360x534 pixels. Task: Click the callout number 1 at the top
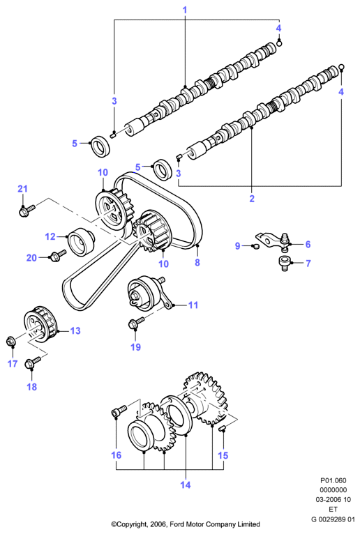[185, 10]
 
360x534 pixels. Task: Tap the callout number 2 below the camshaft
[252, 198]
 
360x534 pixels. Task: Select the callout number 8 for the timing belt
[197, 262]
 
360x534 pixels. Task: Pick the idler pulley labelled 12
[81, 240]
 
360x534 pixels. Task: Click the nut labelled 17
[11, 341]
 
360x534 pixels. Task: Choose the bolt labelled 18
[33, 363]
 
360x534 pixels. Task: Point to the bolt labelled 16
[119, 410]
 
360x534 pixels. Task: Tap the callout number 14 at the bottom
[186, 485]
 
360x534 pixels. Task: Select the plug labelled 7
[284, 264]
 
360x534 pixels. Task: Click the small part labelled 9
[255, 246]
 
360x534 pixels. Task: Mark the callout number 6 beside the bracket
[308, 244]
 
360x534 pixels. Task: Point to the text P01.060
[333, 480]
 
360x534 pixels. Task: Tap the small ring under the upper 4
[279, 43]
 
